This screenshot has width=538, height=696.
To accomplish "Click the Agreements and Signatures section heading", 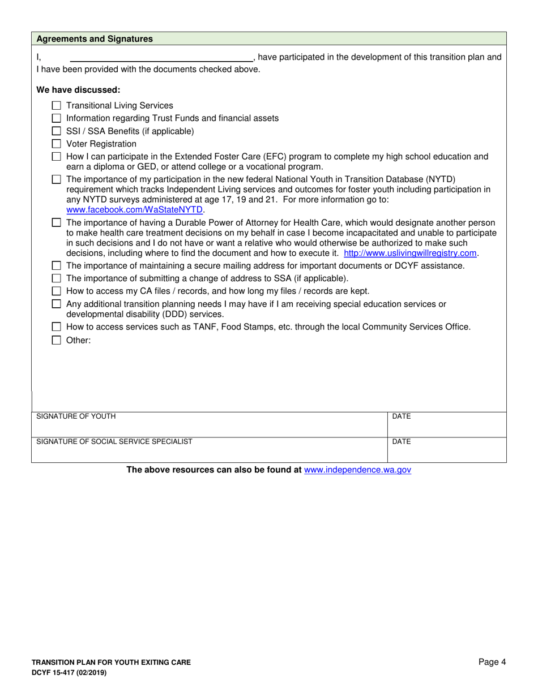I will [95, 39].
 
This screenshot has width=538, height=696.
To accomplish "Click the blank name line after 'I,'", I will [161, 57].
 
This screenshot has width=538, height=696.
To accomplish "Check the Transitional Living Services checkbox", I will [56, 105].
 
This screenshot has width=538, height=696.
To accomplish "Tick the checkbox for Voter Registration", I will [56, 144].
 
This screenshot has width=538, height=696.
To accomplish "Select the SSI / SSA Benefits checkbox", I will [56, 131].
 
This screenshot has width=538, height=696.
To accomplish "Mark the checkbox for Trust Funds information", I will [56, 118].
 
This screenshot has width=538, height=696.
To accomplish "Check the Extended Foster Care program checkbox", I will [56, 157].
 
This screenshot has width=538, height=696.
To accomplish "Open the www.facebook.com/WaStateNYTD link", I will [134, 209].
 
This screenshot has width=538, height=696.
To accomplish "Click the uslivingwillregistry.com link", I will [410, 253].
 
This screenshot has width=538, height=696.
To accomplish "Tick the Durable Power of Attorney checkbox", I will [56, 223].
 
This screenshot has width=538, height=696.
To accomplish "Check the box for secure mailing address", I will [56, 265].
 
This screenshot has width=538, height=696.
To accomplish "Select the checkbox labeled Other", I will [56, 341].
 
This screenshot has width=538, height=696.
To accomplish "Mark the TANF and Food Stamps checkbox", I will [56, 327].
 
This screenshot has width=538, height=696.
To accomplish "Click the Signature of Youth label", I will [76, 416].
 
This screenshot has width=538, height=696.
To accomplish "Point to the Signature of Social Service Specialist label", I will [114, 441].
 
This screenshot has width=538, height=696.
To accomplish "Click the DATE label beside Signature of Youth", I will [401, 416].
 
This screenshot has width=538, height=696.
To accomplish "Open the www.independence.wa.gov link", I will [357, 470].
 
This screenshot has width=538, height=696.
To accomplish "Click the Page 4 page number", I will [492, 662].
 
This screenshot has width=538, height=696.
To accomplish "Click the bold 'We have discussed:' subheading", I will [78, 89].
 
